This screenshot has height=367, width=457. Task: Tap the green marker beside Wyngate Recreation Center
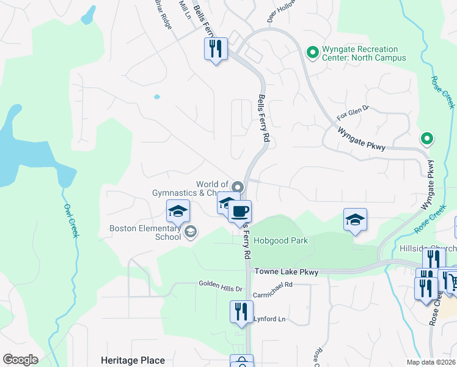coord(313,53)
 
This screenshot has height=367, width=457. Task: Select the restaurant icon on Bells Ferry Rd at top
coord(215,48)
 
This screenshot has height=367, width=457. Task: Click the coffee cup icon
coord(239,212)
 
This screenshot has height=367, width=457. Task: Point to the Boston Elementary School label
coord(145,232)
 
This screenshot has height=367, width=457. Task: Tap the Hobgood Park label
coord(281,240)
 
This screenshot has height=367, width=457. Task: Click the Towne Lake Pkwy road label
coord(287,272)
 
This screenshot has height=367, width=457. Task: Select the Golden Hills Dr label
coord(221,284)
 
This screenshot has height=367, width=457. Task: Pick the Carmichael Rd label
coord(272,284)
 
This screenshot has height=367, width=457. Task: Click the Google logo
coord(20,360)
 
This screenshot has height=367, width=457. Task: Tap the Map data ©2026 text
coord(430,362)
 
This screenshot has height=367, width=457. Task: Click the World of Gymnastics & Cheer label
coord(191,188)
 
